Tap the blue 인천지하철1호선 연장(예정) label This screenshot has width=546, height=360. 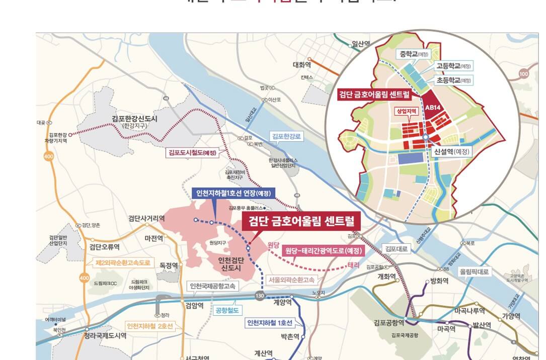coord(233,193)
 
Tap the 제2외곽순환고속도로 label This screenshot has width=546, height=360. coord(123,262)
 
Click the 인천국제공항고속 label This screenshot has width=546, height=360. coord(213,286)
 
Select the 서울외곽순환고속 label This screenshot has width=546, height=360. coord(291,280)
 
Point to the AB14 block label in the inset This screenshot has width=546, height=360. coord(433,107)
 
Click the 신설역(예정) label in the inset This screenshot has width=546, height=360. coord(451,150)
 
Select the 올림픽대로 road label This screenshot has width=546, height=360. coord(475,271)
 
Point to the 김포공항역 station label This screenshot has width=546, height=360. coord(389,323)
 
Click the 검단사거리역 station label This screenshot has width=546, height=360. coord(146,218)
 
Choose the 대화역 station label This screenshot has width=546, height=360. coord(302,65)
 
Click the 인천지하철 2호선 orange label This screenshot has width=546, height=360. coord(150,326)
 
